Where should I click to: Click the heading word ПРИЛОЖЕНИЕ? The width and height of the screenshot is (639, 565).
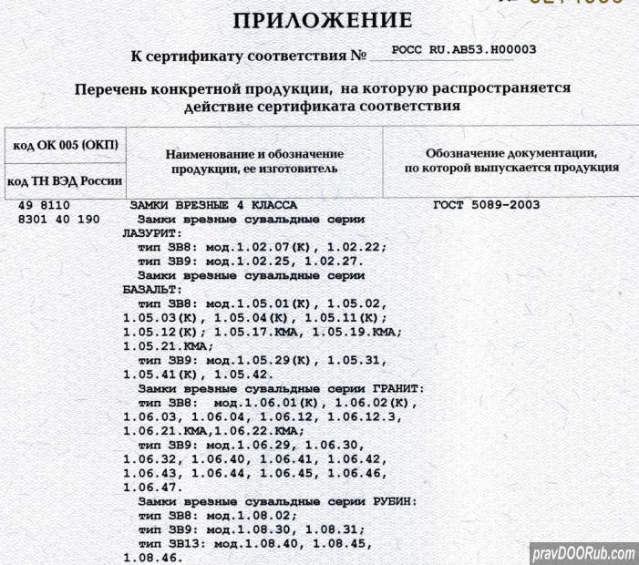(x=323, y=21)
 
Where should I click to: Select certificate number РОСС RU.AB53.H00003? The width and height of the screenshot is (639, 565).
(x=462, y=51)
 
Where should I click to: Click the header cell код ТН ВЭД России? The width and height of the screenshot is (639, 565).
(x=65, y=181)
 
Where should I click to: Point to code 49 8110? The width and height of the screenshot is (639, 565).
(x=44, y=205)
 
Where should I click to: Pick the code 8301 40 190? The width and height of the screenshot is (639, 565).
(x=59, y=220)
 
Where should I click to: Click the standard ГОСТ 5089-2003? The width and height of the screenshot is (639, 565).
(x=486, y=205)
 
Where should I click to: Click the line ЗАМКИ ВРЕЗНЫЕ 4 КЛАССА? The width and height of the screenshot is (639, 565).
(x=214, y=205)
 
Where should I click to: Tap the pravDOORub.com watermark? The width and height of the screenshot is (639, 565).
(x=583, y=553)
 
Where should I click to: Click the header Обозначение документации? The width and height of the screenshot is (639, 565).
(x=511, y=152)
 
